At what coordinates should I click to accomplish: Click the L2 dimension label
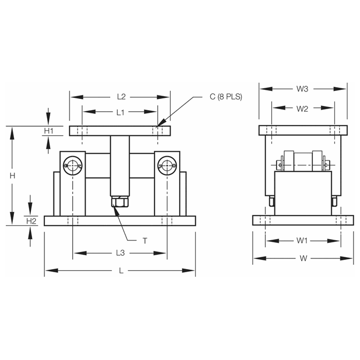(121, 97)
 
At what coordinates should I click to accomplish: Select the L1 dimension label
(120, 112)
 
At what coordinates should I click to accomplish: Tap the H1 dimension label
(49, 131)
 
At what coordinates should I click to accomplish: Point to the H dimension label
(11, 175)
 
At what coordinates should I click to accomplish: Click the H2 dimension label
(31, 220)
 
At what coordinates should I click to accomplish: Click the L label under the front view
(121, 271)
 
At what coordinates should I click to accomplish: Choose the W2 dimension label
(302, 109)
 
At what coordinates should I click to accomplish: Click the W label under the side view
(303, 258)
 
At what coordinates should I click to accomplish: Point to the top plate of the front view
(120, 131)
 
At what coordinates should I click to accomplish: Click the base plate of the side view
(303, 220)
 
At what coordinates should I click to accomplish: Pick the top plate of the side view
(303, 130)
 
